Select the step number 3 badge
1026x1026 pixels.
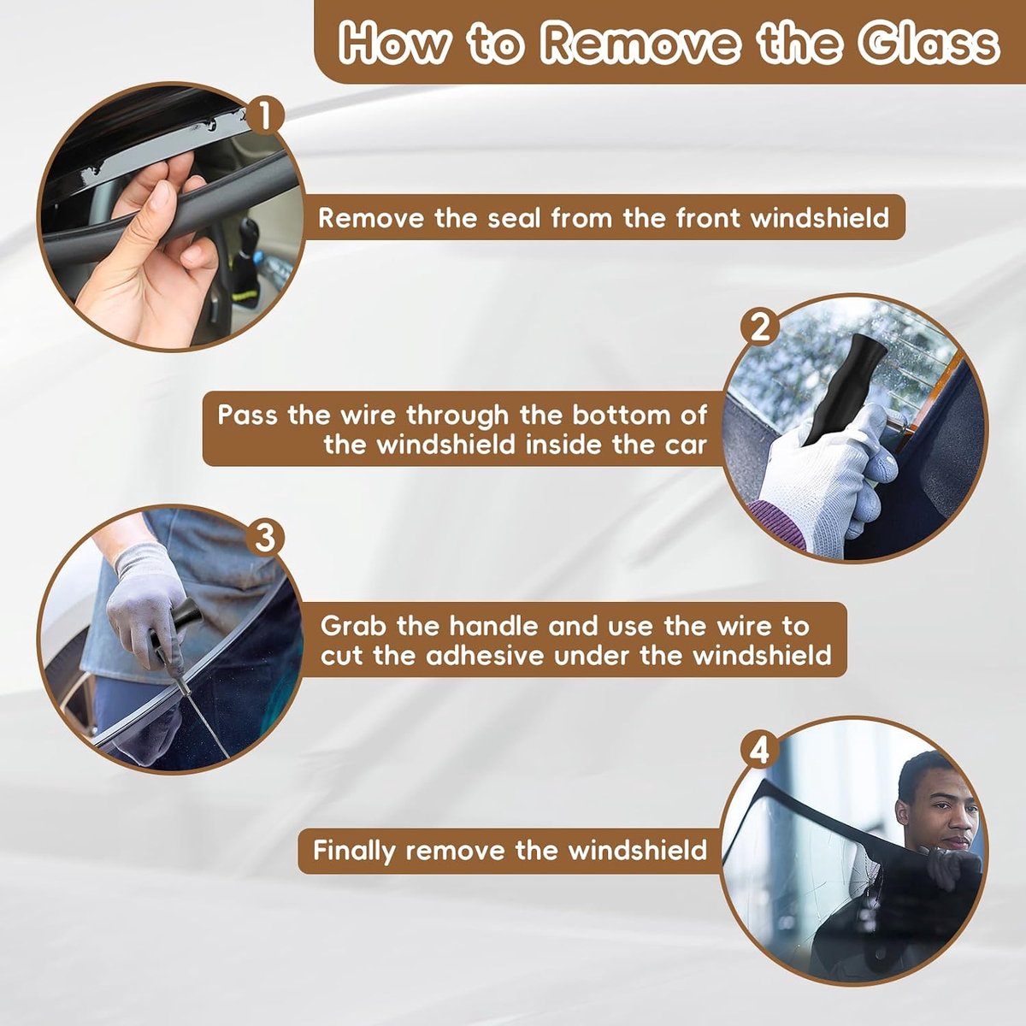(264, 538)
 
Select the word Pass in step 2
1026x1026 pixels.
(247, 415)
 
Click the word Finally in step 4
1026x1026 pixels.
(354, 851)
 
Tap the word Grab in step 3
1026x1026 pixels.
(353, 626)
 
